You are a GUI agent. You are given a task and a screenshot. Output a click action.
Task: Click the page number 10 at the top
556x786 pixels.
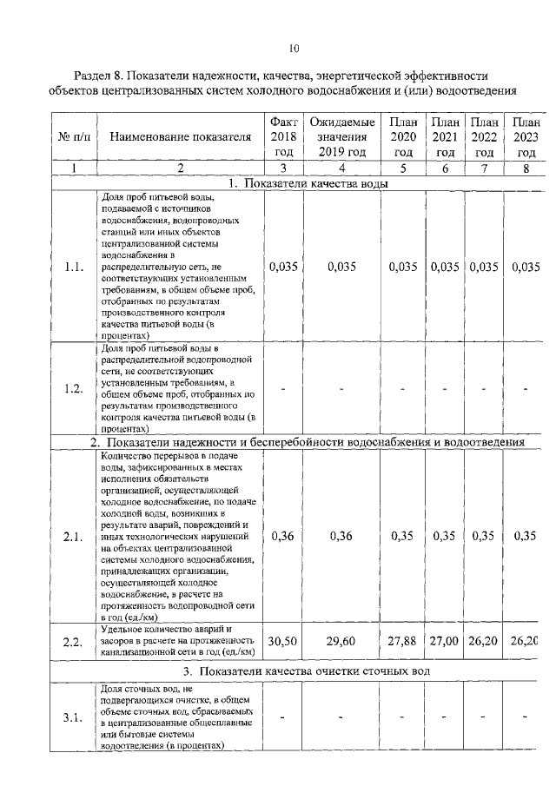(x=294, y=48)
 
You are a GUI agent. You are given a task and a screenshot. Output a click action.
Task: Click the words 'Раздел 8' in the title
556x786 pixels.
(x=102, y=76)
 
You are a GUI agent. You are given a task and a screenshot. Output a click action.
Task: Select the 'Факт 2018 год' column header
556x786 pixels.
(x=283, y=136)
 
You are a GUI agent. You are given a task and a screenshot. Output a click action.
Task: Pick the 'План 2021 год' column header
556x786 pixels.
(x=445, y=136)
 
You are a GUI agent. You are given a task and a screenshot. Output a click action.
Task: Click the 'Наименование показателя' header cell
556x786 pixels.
(x=181, y=136)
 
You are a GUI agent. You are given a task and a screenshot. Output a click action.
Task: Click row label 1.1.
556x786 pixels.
(x=73, y=268)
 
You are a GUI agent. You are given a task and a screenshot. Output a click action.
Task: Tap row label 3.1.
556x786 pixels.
(x=73, y=717)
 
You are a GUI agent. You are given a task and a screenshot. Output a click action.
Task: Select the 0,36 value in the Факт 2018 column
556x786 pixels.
(x=283, y=536)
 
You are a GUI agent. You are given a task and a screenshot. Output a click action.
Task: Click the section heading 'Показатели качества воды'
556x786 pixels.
(x=314, y=183)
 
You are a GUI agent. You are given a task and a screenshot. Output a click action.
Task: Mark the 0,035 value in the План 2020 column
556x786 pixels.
(x=403, y=268)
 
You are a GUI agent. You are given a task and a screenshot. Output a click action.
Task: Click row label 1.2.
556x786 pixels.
(x=73, y=388)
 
